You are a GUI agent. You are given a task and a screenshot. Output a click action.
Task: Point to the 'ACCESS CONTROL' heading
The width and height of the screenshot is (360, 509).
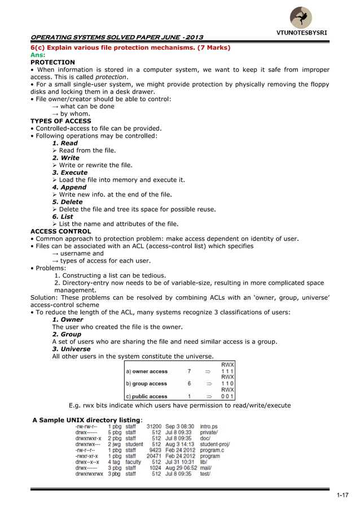coord(60,231)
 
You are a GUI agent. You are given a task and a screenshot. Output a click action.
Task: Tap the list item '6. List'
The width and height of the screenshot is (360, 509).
coord(63,217)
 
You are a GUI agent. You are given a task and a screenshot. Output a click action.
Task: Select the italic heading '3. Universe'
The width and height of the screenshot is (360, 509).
coord(71,349)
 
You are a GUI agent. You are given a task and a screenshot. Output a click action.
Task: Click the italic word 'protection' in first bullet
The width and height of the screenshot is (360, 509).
coord(111,77)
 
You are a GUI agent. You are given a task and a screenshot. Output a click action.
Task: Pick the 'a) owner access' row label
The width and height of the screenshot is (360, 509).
coord(146,372)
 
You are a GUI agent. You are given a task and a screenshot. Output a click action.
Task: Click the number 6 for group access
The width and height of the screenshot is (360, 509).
coord(189,384)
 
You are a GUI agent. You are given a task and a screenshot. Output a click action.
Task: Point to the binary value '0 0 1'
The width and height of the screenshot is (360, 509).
coord(227,396)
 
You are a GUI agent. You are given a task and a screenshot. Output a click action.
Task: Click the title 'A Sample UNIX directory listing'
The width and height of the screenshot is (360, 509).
coord(88,420)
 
